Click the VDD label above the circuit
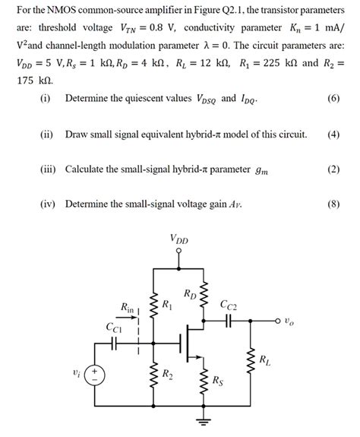tap(179, 240)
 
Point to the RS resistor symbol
tap(203, 380)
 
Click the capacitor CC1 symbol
tap(113, 343)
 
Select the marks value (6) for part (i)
tap(333, 99)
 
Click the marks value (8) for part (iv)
tap(333, 204)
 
